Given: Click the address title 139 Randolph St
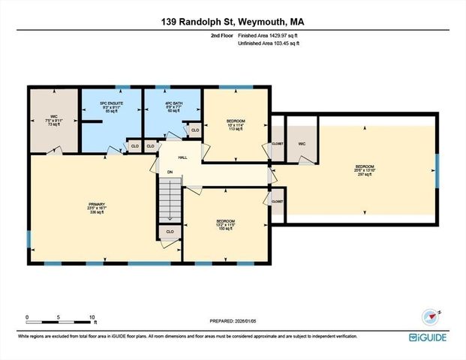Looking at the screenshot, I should point(232,22).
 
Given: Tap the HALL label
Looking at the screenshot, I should point(182,157).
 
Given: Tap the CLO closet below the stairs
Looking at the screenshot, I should point(170,232).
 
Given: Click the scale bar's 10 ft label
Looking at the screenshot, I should point(92,316).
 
